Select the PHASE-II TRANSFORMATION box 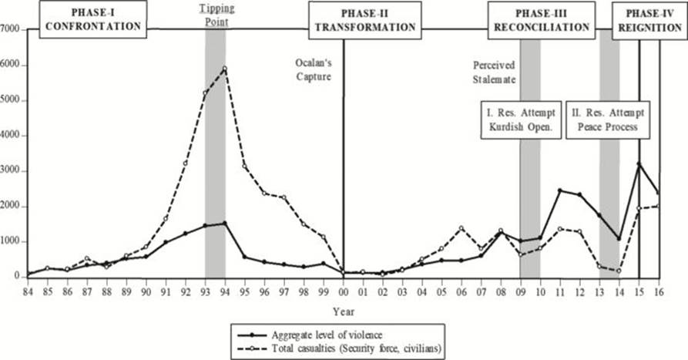pyautogui.click(x=364, y=20)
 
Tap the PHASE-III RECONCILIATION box pyautogui.click(x=541, y=20)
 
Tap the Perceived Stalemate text pyautogui.click(x=494, y=72)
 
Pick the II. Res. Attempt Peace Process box pyautogui.click(x=605, y=119)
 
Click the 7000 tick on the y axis pyautogui.click(x=12, y=29)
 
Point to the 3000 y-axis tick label pyautogui.click(x=12, y=171)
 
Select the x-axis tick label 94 pyautogui.click(x=225, y=294)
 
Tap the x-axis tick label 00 pyautogui.click(x=344, y=294)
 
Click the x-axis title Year pyautogui.click(x=344, y=311)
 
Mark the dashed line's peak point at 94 pyautogui.click(x=224, y=69)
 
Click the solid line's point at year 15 pyautogui.click(x=639, y=163)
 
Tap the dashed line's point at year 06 pyautogui.click(x=461, y=227)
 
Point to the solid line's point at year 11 pyautogui.click(x=560, y=190)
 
